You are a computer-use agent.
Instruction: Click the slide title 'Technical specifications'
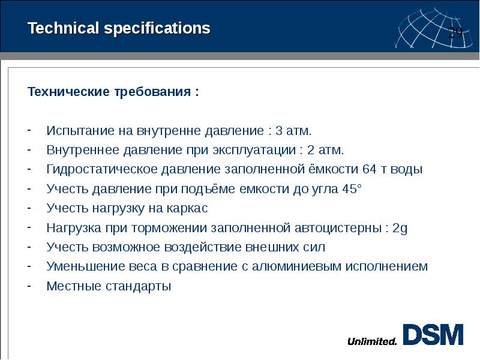point(119,28)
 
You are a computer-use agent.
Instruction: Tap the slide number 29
point(456,32)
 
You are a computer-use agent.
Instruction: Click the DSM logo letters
point(433,335)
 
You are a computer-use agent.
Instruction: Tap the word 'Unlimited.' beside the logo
point(372,342)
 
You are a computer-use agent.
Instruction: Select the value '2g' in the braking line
point(400,228)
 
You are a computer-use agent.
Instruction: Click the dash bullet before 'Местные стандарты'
point(30,286)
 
